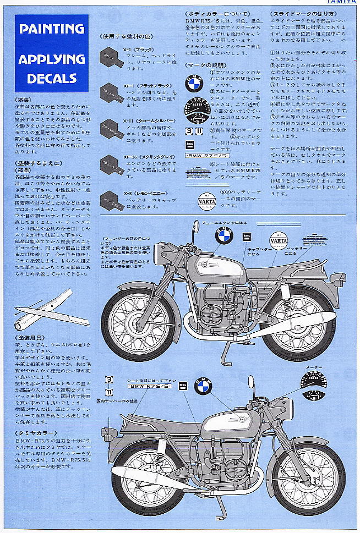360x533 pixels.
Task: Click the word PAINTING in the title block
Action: coord(51,29)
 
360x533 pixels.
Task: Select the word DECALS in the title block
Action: coord(51,78)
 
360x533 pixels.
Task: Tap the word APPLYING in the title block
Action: coord(51,59)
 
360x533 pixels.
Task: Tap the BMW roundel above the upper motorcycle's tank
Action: coord(224,237)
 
